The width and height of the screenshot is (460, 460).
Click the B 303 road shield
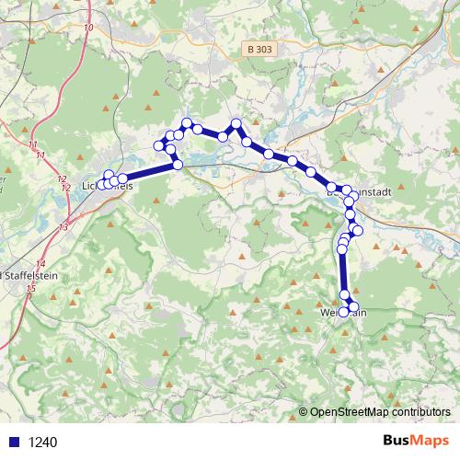(x=259, y=48)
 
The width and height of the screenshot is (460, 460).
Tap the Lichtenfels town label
(x=108, y=187)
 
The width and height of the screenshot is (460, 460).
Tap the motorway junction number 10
(x=88, y=28)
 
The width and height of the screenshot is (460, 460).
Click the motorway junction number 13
(x=63, y=225)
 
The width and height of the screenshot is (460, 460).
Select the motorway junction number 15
(x=32, y=289)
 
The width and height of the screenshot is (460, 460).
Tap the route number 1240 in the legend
(x=41, y=443)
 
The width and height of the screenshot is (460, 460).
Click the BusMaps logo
(x=415, y=442)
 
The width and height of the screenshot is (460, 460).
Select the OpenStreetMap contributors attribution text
(x=379, y=412)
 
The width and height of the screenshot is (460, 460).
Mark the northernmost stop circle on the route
(x=187, y=122)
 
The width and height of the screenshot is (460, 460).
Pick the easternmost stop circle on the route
(x=358, y=230)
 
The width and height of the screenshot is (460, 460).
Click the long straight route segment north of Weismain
(x=343, y=271)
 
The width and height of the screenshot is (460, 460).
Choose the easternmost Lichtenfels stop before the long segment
(x=122, y=178)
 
